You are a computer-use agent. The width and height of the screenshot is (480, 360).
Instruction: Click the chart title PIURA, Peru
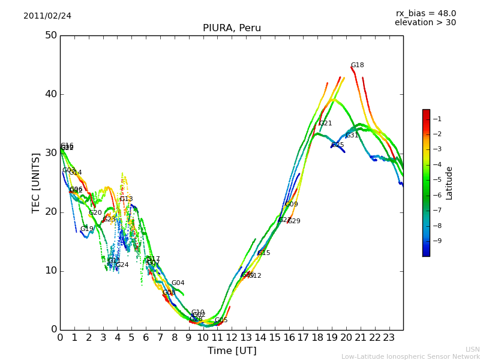232,28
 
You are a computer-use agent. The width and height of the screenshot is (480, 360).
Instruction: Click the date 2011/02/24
47,16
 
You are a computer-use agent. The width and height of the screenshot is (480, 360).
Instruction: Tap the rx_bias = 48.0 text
425,14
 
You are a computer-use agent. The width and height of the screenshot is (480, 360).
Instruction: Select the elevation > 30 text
425,23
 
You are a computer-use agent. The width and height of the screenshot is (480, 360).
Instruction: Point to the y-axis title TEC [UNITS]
36,182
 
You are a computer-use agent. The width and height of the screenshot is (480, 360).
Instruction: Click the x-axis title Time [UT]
232,351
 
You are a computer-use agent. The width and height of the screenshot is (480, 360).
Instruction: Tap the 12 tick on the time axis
232,338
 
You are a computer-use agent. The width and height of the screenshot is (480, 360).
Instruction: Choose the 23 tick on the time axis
389,338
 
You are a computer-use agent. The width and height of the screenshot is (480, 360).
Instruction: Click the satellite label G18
358,65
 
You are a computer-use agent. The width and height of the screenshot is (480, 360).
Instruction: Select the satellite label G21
325,124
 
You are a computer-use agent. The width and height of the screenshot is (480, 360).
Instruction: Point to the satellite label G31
352,136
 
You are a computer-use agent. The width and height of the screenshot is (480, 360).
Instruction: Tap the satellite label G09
292,205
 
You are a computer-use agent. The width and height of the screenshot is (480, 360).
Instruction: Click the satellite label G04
178,283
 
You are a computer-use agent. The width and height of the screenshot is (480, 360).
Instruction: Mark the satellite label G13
127,199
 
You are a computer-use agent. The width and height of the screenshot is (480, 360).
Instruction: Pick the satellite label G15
264,253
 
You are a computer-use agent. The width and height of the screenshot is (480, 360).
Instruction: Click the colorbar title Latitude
449,183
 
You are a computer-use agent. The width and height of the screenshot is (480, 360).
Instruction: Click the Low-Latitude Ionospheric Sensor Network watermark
410,357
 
